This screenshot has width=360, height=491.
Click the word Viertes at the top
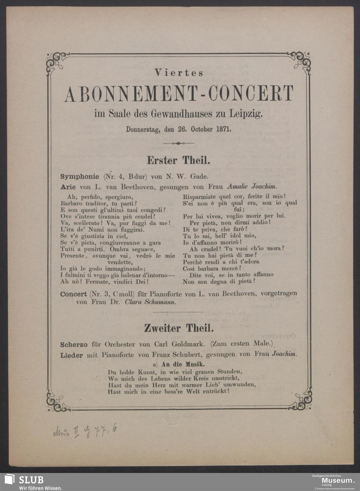click(179, 73)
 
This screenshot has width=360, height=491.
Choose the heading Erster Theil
click(178, 160)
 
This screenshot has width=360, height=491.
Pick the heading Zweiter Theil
click(179, 328)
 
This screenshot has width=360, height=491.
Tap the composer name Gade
click(199, 177)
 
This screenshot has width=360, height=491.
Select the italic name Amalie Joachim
click(251, 187)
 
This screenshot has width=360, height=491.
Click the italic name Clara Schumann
click(150, 302)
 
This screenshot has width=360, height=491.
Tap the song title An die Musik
click(184, 364)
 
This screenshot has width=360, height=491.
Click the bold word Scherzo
click(74, 344)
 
